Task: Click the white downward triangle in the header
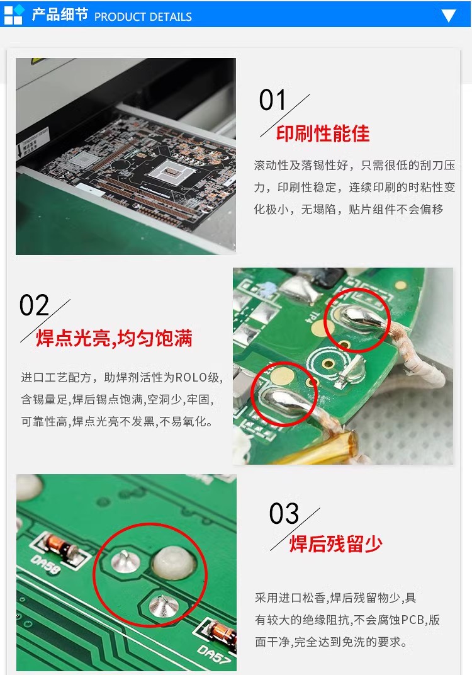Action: point(448,16)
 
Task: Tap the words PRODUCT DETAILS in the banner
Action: point(143,17)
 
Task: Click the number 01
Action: point(273,100)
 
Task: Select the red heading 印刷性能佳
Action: point(323,133)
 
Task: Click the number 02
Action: point(34,305)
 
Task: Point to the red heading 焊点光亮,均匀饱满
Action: point(114,338)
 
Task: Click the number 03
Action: point(284,513)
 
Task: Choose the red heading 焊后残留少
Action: point(335,543)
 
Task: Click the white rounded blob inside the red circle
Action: point(174,562)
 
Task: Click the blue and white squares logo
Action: point(14,14)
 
